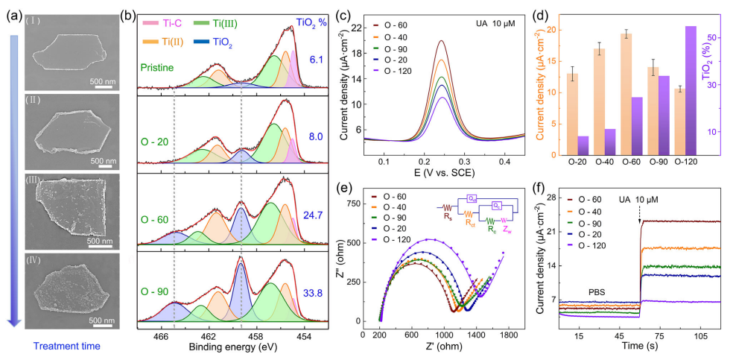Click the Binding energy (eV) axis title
(x=218, y=348)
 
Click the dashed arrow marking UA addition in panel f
(x=640, y=212)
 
